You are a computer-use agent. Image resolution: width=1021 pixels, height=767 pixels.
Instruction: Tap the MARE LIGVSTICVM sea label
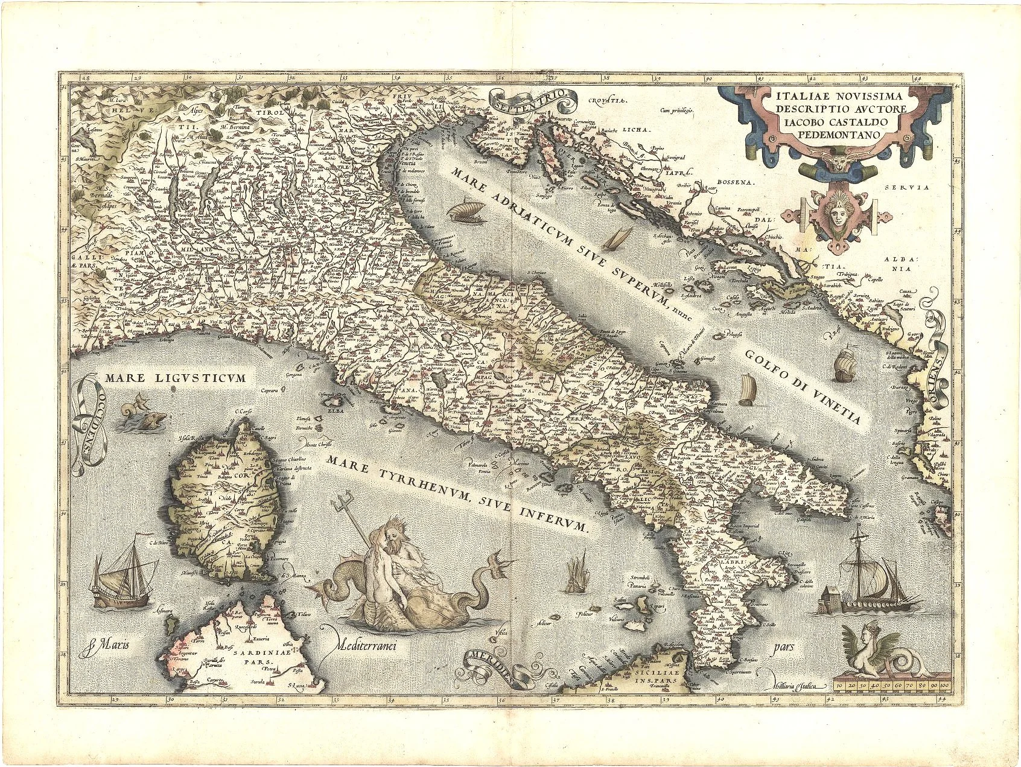click(176, 378)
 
